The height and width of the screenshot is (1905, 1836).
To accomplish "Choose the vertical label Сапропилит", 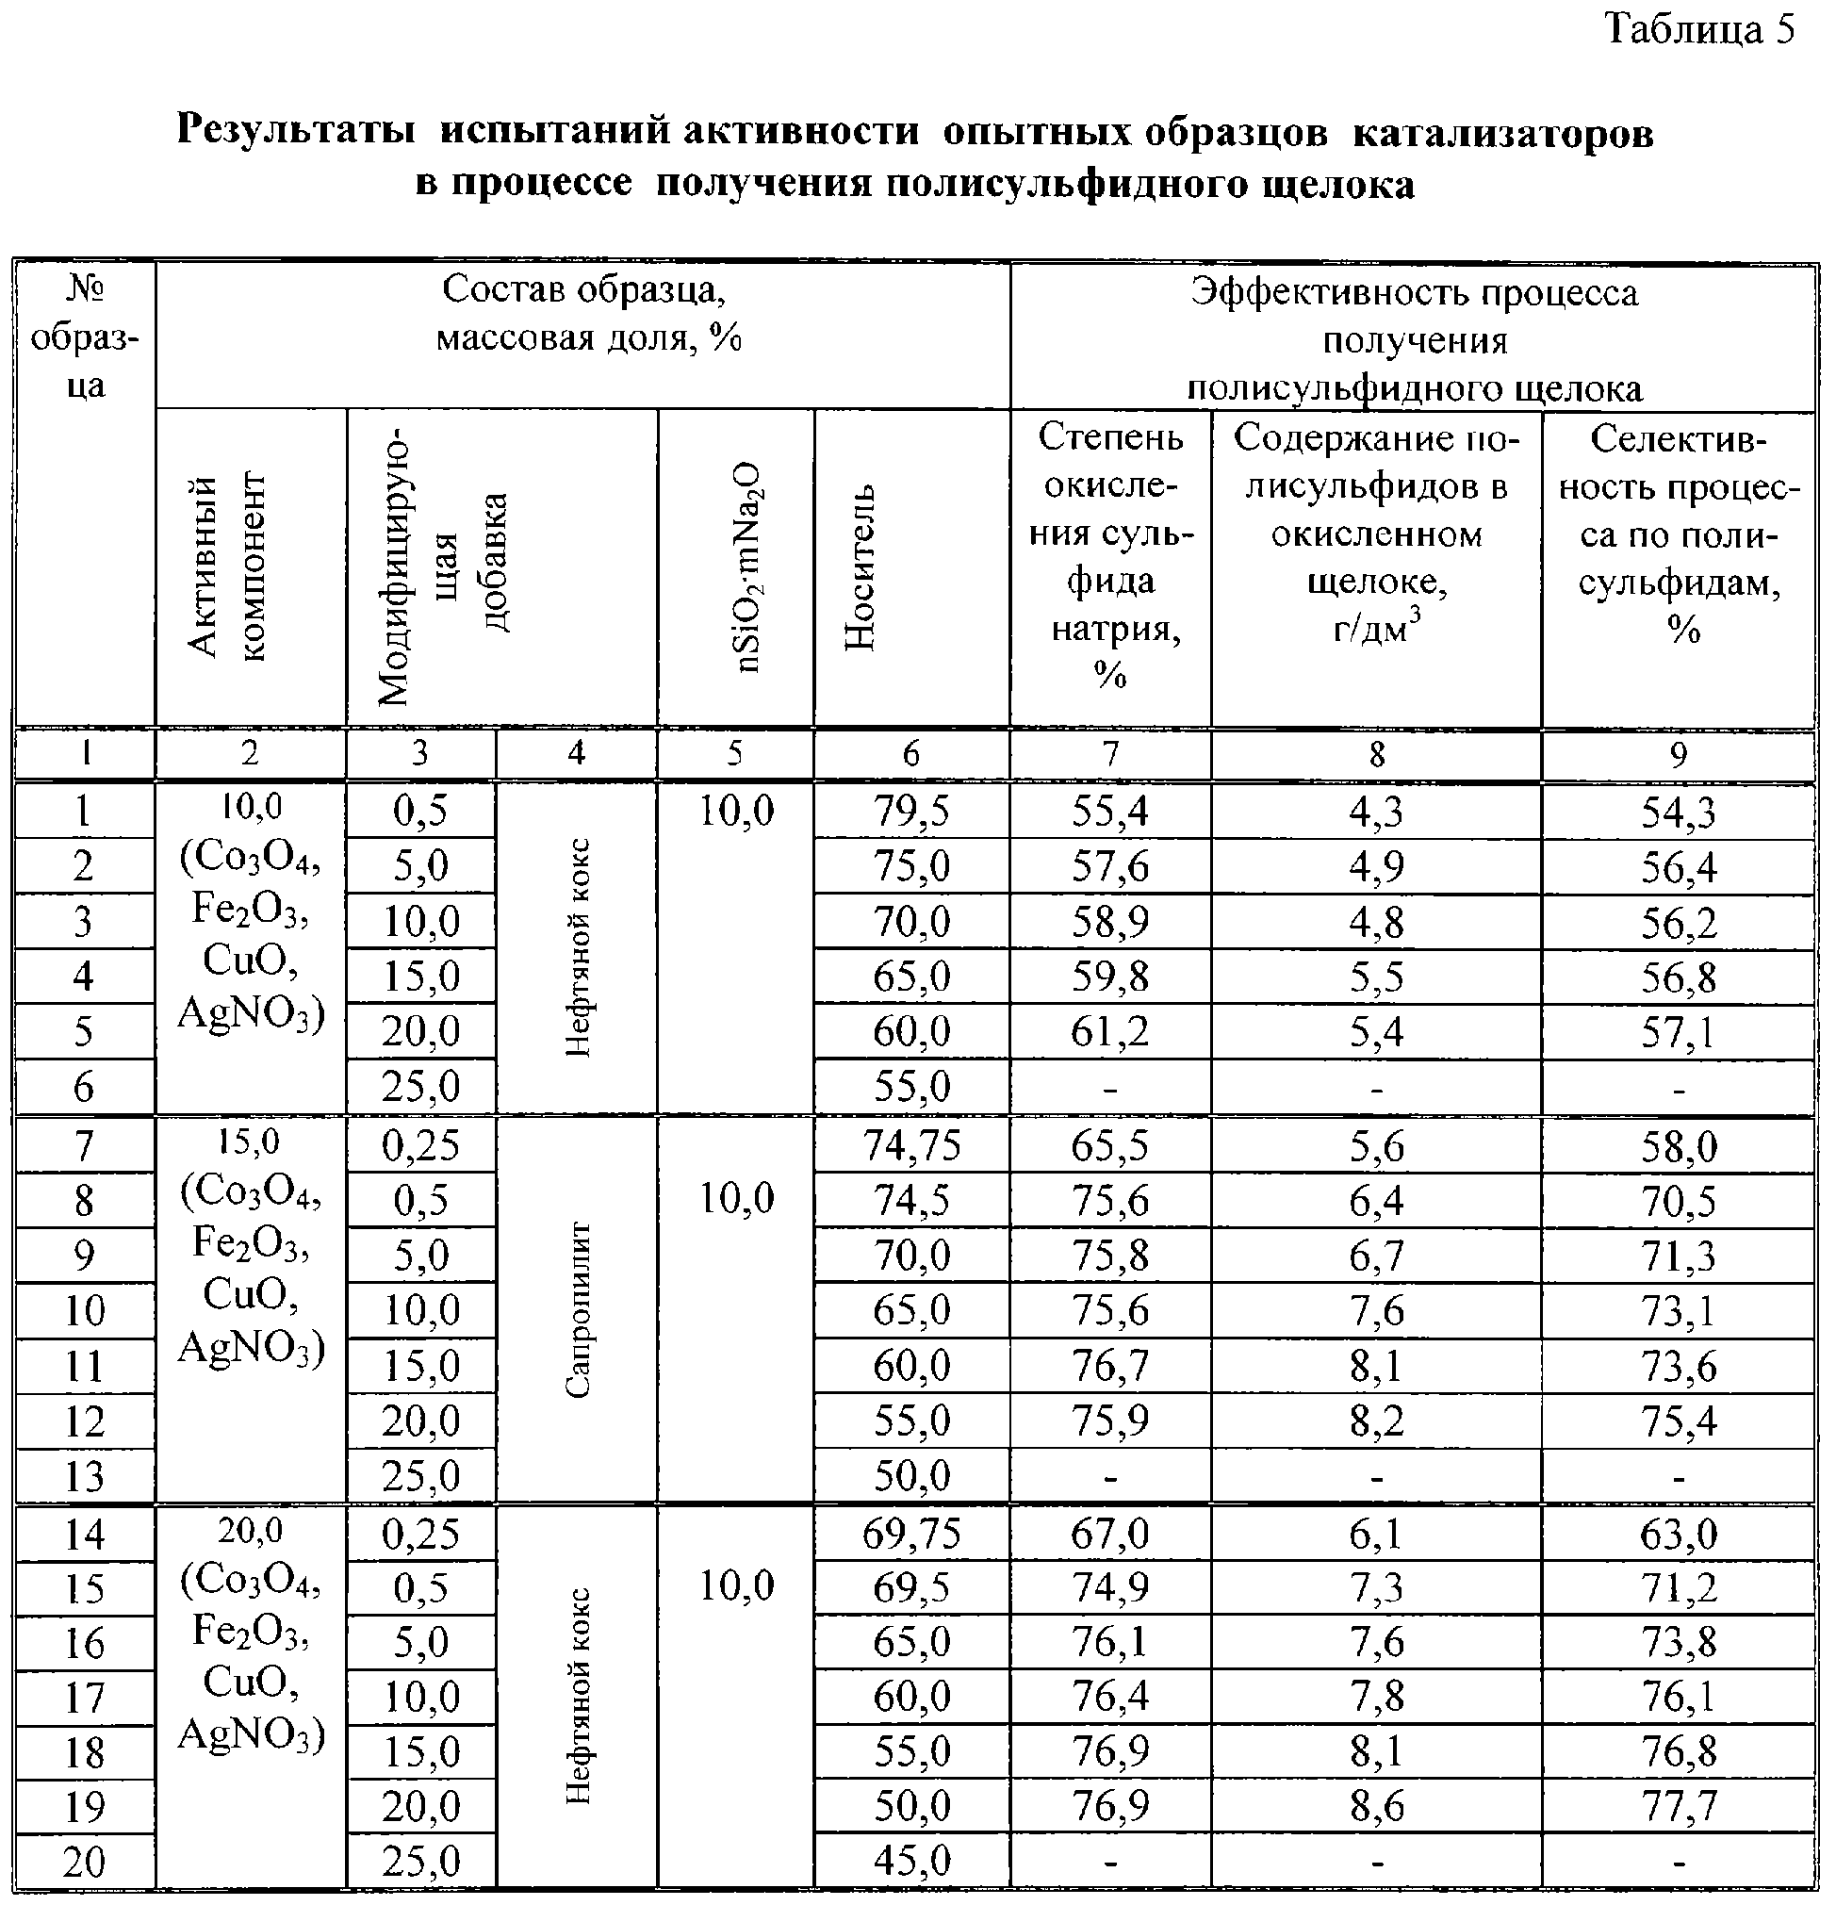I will pos(578,1309).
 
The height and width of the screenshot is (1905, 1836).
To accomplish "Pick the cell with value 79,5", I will pos(910,811).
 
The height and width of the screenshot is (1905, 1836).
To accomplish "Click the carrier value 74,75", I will pos(910,1145).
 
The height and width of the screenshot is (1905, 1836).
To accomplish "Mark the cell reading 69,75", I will pos(910,1534).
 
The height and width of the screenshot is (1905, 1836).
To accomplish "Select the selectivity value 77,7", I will pos(1679,1807).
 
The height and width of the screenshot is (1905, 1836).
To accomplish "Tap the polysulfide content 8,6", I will pos(1376,1807).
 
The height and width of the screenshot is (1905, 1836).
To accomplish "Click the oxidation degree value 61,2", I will pos(1110,1031).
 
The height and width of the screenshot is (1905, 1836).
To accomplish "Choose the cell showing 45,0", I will pos(910,1862).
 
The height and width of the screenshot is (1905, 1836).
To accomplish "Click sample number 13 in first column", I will pos(85,1476).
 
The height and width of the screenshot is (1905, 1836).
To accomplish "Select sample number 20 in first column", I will pos(85,1863).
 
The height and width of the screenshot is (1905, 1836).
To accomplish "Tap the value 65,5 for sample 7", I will pos(1110,1145).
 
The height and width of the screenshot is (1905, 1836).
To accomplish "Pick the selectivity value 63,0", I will pos(1679,1534).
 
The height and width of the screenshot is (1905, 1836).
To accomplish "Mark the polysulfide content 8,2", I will pos(1376,1421).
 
